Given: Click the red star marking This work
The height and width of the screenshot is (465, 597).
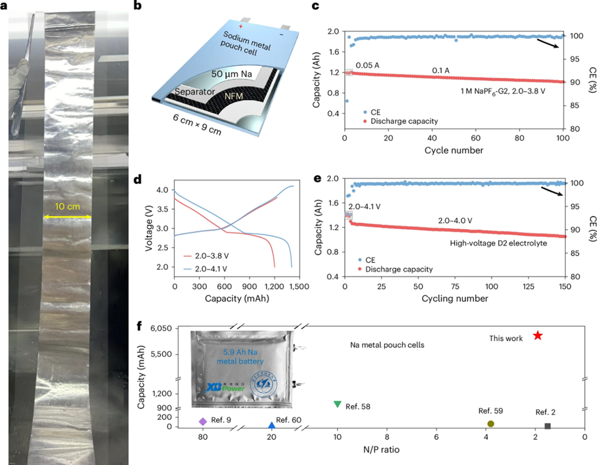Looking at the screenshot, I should coord(538,335).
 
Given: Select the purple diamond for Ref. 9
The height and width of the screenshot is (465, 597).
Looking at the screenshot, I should coord(203,422).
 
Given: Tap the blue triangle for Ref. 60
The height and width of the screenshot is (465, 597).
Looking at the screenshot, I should coord(272,426).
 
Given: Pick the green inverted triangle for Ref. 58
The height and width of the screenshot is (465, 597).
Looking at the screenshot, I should coord(338,404).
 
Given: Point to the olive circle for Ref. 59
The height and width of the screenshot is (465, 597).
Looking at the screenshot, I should coord(491,423).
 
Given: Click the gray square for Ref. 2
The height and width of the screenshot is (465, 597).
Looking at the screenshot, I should coord(547,426).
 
